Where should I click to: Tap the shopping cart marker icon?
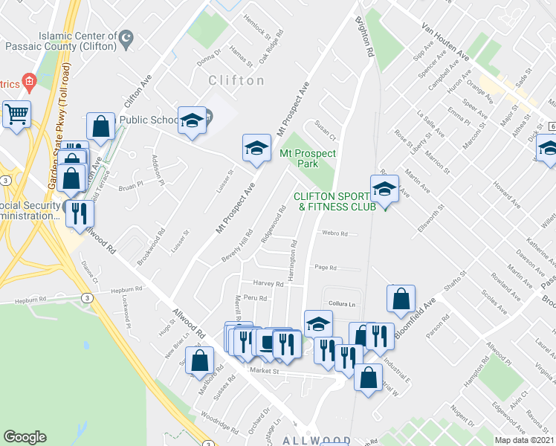click(16, 115)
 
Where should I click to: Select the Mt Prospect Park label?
click(308, 158)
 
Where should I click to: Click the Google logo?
click(25, 437)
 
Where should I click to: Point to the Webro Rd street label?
click(334, 233)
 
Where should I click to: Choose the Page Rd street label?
click(326, 268)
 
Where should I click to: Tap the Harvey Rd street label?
click(268, 284)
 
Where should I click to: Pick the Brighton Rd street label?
click(364, 38)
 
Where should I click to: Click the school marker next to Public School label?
click(192, 120)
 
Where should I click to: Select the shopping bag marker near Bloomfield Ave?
click(401, 299)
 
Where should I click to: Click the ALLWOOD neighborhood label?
click(315, 441)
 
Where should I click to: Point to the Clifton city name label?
click(236, 80)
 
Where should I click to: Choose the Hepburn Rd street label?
click(126, 290)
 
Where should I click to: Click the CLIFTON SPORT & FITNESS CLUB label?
click(334, 201)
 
